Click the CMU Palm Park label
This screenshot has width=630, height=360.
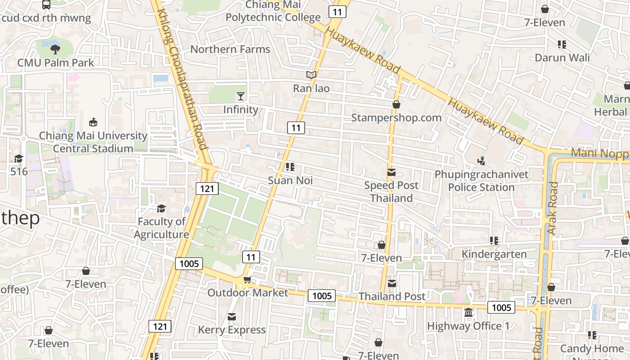[x=56, y=63]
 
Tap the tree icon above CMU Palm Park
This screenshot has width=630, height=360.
[x=55, y=49]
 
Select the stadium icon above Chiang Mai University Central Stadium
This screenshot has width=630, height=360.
[x=93, y=122]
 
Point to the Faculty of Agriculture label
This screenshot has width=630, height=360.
[x=162, y=228]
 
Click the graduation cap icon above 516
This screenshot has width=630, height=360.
[x=18, y=158]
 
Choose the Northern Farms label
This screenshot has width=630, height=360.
[x=230, y=49]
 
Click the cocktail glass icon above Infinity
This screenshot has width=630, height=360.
[x=241, y=96]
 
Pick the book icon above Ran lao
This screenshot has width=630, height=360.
[x=311, y=75]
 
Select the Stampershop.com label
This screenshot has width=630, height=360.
[x=396, y=117]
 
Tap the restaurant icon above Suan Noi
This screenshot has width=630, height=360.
[x=290, y=167]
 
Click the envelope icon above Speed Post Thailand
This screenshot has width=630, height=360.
[x=391, y=172]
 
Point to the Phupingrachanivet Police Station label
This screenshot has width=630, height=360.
[x=481, y=180]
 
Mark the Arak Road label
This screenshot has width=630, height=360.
[x=553, y=207]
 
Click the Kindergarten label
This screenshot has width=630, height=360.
[x=494, y=254]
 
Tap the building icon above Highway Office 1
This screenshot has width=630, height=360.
[x=468, y=312]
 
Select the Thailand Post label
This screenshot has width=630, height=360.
[x=391, y=296]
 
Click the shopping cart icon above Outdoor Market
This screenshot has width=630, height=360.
[x=247, y=279]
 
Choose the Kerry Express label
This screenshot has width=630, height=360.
[x=232, y=330]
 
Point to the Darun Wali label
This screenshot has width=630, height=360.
[x=562, y=58]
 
